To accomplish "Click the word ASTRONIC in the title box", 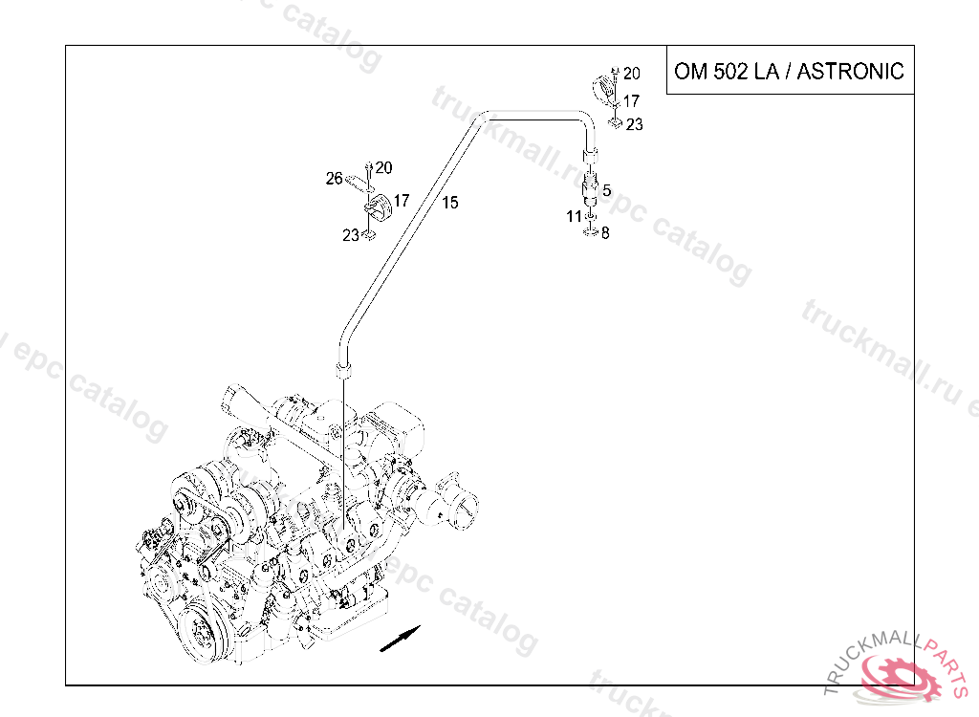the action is [850, 71].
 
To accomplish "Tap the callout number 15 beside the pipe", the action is [450, 203].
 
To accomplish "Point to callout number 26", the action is [334, 179].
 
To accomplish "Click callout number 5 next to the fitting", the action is [606, 190].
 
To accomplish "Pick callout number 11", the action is [574, 217].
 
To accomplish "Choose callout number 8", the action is [605, 233].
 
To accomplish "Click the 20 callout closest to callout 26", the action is [384, 167].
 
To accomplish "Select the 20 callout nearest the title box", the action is [632, 74].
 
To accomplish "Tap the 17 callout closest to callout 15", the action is [401, 201].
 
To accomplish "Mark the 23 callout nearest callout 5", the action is [635, 125].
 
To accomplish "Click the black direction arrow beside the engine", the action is [401, 639].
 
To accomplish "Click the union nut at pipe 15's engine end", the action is [344, 370].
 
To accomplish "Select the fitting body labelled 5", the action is [590, 190].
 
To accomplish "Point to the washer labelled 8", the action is [591, 233].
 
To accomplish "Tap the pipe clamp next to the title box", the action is [605, 89].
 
